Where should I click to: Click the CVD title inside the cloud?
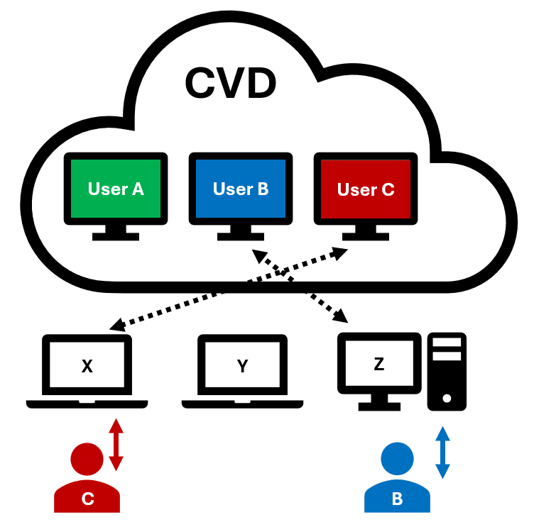[230, 83]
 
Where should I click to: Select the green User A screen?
[116, 189]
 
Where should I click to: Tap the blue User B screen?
[241, 189]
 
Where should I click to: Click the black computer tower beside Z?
[447, 371]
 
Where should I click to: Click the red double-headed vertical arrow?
[116, 445]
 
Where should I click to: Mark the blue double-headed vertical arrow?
[442, 452]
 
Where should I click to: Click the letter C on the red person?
[87, 499]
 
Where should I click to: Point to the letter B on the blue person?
[397, 499]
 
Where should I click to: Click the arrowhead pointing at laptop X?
[116, 327]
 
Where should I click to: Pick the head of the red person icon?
[87, 457]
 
